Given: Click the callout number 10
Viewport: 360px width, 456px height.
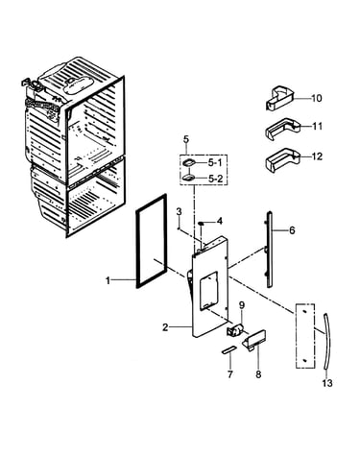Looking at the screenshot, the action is click(316, 98).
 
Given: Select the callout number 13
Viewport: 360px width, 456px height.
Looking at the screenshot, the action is click(327, 382).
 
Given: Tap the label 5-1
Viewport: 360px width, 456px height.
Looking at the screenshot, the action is click(214, 163).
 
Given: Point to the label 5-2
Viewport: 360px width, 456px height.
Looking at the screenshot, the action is click(215, 179).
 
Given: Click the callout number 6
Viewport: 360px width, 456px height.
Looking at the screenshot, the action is click(292, 230).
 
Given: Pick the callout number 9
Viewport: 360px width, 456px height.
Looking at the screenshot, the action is click(241, 305).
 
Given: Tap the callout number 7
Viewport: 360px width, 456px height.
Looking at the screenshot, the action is click(230, 374).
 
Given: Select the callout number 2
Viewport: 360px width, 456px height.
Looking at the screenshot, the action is click(165, 327).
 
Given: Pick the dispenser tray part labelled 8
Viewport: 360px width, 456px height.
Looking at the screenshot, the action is click(254, 341).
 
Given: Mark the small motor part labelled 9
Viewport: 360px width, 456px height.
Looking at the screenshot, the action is click(235, 330).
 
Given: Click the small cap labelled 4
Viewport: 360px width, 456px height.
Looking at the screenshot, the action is click(202, 223).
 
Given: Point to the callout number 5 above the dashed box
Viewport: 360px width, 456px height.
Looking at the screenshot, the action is click(186, 139).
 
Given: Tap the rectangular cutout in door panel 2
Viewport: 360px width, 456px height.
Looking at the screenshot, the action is click(208, 290).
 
